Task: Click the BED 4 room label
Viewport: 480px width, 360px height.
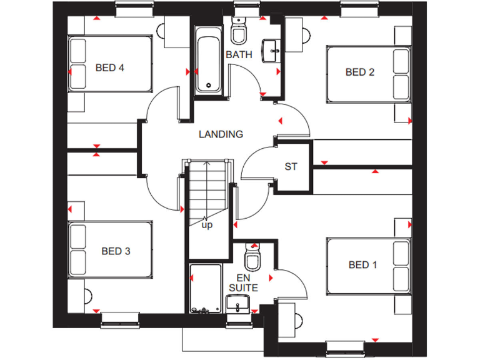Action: click(109, 67)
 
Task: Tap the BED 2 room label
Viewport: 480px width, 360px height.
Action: click(360, 72)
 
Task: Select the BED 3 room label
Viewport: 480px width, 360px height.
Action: click(116, 251)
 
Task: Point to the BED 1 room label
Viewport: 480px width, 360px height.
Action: click(362, 265)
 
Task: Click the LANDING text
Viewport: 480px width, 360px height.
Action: click(221, 134)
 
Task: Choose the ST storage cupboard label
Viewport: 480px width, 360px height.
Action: click(291, 167)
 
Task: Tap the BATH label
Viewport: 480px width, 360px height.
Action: click(239, 55)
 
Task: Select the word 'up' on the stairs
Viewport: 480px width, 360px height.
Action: click(206, 225)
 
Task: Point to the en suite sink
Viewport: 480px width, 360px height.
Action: click(238, 304)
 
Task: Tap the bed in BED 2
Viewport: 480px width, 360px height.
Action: click(368, 73)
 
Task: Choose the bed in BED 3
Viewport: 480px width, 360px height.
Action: click(111, 249)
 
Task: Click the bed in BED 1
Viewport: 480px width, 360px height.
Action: click(368, 265)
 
